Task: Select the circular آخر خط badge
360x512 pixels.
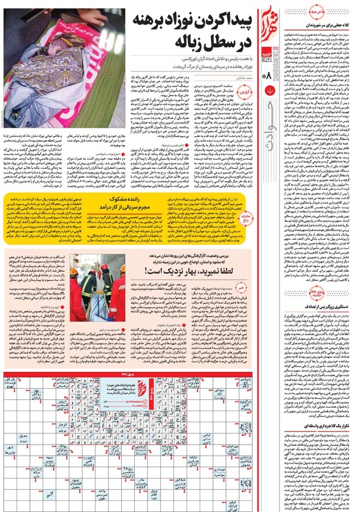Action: pos(293,12)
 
